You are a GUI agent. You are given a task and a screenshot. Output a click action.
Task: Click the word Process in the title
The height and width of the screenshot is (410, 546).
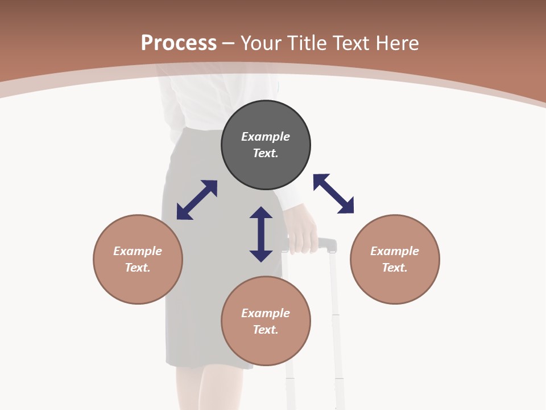(x=179, y=43)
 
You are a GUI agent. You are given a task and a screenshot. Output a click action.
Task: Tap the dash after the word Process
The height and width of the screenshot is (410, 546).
(x=228, y=43)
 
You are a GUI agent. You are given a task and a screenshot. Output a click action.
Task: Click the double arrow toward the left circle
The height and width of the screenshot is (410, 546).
(x=197, y=200)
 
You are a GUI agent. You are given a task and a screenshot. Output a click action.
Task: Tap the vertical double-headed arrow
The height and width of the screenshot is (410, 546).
(x=261, y=235)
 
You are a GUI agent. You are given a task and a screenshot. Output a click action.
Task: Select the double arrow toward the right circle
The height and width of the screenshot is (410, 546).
(x=334, y=194)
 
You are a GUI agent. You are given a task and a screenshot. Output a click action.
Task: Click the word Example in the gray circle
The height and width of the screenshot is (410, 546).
(x=266, y=137)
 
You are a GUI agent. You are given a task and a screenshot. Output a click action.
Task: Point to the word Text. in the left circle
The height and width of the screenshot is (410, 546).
(x=138, y=268)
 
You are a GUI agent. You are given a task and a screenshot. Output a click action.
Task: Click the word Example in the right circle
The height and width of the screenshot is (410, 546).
(x=395, y=251)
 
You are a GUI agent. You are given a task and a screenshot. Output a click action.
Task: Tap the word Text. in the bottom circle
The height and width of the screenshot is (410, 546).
(x=266, y=330)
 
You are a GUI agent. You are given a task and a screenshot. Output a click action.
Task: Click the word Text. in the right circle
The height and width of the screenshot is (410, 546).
(x=395, y=268)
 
